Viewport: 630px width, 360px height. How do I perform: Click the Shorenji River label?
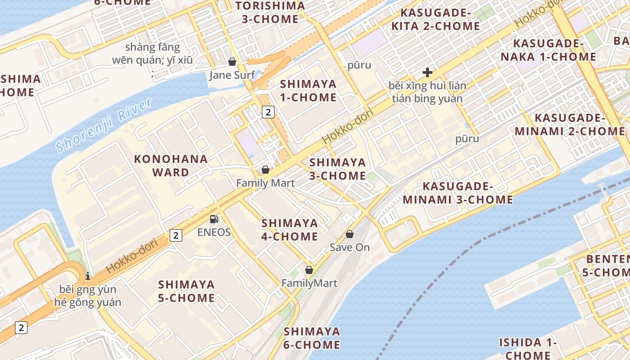(x=104, y=126)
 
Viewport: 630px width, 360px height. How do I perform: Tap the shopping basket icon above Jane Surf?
(x=232, y=62)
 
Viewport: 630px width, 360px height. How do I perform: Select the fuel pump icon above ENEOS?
(x=214, y=219)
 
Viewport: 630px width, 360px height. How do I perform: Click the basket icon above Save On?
(x=350, y=234)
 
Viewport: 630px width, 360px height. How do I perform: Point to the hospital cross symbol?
(x=427, y=72)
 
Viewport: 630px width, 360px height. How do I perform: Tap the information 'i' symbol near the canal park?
(x=88, y=275)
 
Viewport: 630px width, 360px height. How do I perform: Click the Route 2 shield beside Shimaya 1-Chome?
(x=268, y=112)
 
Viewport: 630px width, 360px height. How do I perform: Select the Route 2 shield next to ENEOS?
(x=176, y=235)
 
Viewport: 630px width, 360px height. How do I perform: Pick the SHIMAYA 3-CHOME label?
(x=337, y=169)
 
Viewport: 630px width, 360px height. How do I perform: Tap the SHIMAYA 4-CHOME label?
(x=290, y=229)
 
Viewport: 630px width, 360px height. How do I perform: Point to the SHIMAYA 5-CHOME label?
(x=186, y=291)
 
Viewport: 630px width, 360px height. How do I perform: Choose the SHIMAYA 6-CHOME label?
(x=311, y=338)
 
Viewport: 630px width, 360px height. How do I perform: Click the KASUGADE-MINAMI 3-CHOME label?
(x=458, y=193)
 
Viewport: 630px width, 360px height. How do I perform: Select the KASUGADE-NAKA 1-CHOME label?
(x=554, y=50)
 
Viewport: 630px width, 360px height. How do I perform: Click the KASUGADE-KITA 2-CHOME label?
(x=435, y=19)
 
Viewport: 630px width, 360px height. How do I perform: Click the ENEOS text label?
(x=214, y=232)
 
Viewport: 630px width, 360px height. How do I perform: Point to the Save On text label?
(x=350, y=247)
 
